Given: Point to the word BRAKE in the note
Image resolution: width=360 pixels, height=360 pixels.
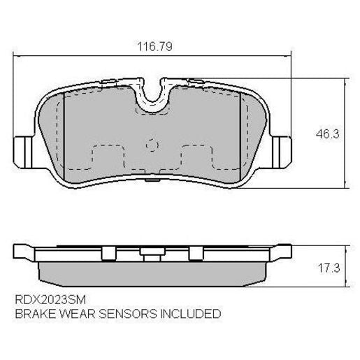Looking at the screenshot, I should click(x=33, y=314).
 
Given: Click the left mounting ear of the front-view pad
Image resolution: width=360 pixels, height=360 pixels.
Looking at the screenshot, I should click(x=22, y=150).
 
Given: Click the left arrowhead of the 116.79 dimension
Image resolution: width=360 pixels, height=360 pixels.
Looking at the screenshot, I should click(x=17, y=57).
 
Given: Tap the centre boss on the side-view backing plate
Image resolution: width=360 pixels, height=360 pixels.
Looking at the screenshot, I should click(x=152, y=252).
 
